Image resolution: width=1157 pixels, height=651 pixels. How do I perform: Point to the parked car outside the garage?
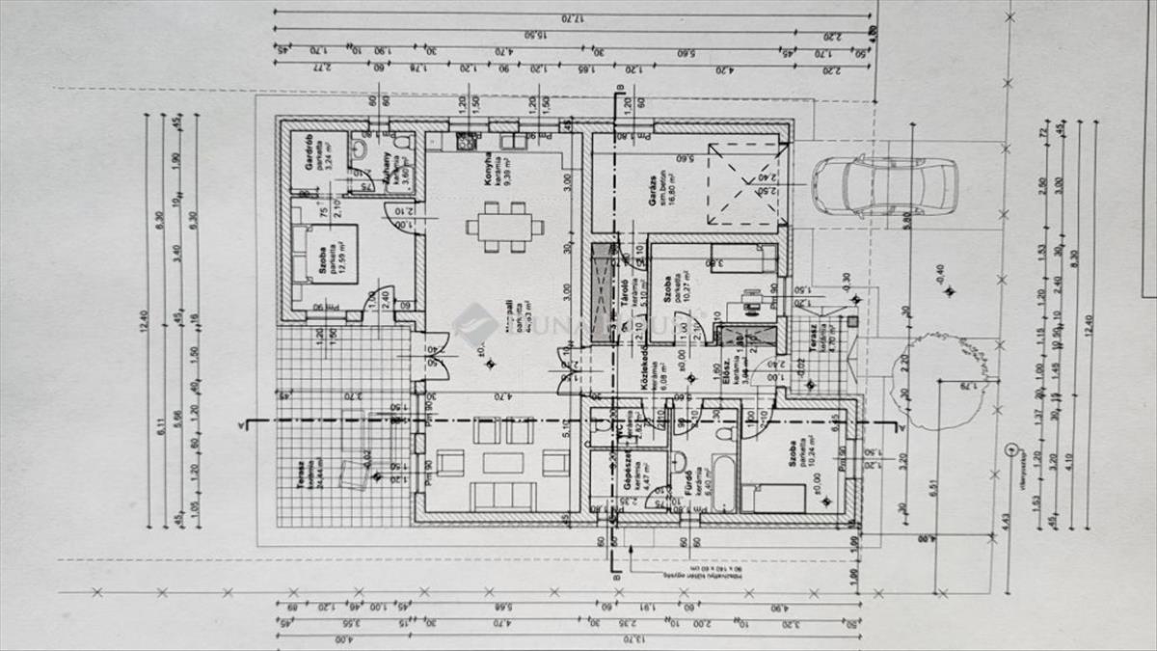(883, 185)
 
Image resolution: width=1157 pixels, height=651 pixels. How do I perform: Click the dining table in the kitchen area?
(504, 227)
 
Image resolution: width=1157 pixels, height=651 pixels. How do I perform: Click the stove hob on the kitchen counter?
(467, 141)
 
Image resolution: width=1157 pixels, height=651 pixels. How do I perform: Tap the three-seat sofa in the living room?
(503, 496)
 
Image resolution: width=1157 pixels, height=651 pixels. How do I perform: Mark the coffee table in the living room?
(503, 463)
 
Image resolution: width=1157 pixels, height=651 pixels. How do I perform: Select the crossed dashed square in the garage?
(743, 186)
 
